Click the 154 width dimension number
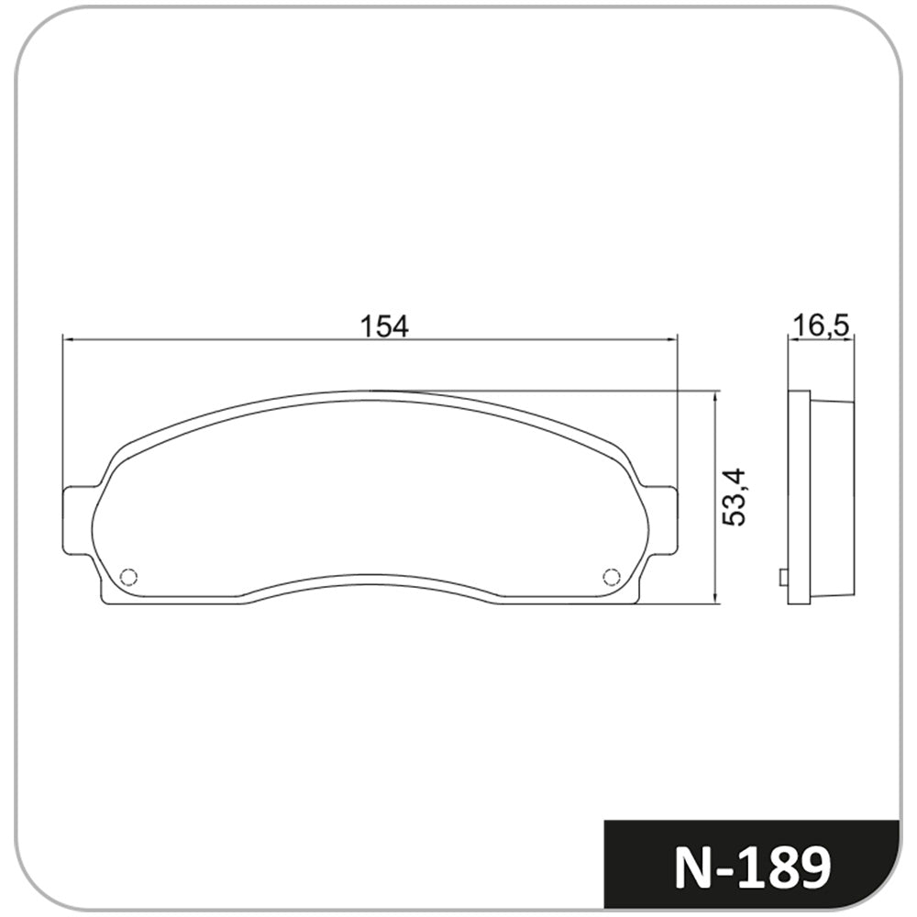click(384, 326)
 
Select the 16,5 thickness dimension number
click(821, 326)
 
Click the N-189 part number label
click(753, 867)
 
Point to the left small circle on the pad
click(128, 577)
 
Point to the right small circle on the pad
click(611, 577)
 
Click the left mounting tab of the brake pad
click(78, 518)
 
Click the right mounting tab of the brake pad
click(661, 518)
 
